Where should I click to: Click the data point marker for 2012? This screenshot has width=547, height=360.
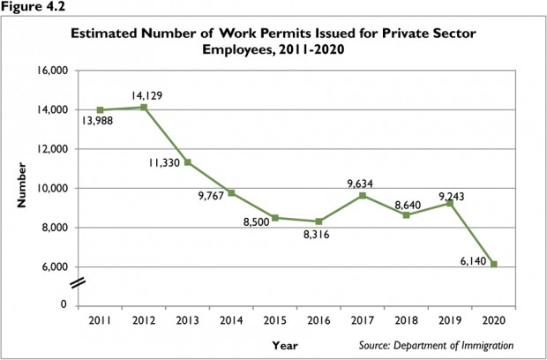click(x=143, y=107)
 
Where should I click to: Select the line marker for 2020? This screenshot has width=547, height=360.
click(x=493, y=264)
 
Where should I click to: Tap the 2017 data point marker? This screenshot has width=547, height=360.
click(x=363, y=195)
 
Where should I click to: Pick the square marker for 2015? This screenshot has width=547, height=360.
click(x=274, y=217)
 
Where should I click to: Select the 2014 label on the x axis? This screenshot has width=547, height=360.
click(x=230, y=320)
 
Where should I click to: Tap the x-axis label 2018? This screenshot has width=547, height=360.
click(x=406, y=320)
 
